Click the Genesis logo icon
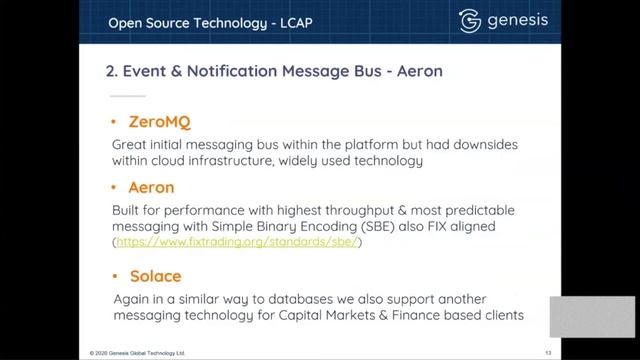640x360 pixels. coord(470,22)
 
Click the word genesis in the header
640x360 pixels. coord(520,22)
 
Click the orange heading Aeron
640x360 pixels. coord(152,187)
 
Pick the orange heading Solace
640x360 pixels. coord(155,275)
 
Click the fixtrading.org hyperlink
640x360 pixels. coord(239,242)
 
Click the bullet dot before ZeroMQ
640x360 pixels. coord(116,123)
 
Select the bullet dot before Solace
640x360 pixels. coord(116,276)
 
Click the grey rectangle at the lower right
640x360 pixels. coord(592,316)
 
